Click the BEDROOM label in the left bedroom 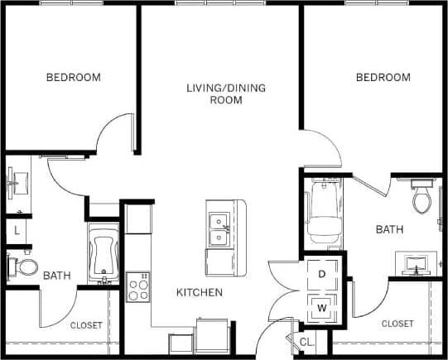pos(73,78)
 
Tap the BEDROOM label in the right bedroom pos(383,78)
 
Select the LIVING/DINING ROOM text pos(214,94)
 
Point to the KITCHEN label pos(199,292)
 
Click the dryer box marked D pos(321,272)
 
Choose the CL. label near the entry pos(306,341)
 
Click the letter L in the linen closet pos(17,232)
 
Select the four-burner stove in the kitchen pos(137,289)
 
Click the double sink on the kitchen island pos(219,229)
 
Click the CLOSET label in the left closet pos(86,325)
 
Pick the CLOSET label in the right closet pos(397,324)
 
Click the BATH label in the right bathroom pos(389,229)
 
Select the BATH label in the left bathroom pos(56,276)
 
